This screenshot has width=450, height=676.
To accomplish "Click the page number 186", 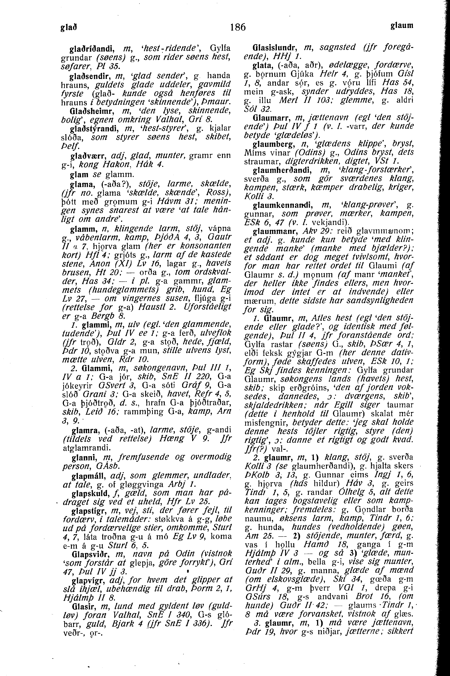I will pos(238,27).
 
